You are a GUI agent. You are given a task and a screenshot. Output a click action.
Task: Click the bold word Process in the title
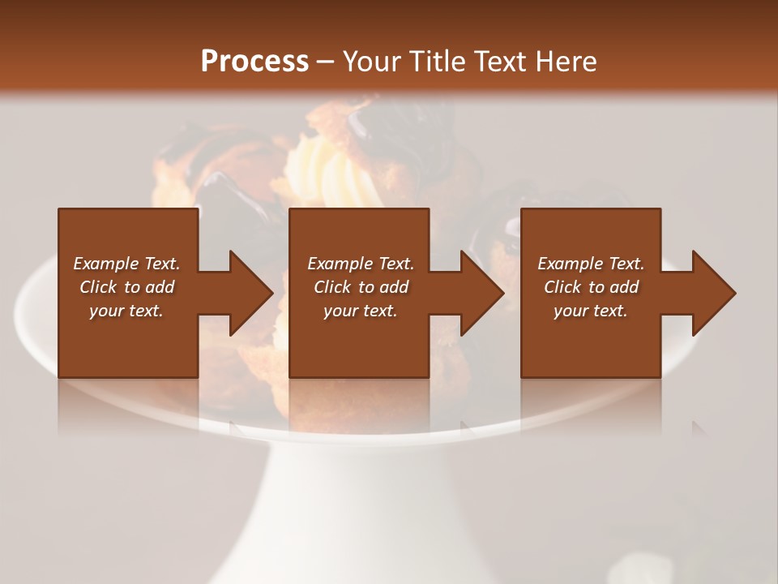254,62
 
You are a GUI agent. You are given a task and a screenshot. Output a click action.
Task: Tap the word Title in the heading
434,62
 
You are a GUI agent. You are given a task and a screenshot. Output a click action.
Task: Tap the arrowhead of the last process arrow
712,293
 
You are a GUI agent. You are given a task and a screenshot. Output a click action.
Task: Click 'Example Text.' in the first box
126,264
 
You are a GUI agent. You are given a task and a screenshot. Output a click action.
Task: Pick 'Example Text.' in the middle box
361,264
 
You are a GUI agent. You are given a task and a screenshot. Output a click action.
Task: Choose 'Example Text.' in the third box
591,264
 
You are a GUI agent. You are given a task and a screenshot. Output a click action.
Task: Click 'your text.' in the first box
126,311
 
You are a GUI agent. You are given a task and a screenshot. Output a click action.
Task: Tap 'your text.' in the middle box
361,311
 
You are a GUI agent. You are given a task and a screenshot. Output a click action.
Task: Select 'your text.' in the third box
591,311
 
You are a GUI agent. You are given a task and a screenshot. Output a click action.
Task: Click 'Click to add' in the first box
126,287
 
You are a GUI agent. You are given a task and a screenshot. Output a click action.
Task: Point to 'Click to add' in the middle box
361,287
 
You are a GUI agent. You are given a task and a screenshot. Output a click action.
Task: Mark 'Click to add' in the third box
591,287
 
